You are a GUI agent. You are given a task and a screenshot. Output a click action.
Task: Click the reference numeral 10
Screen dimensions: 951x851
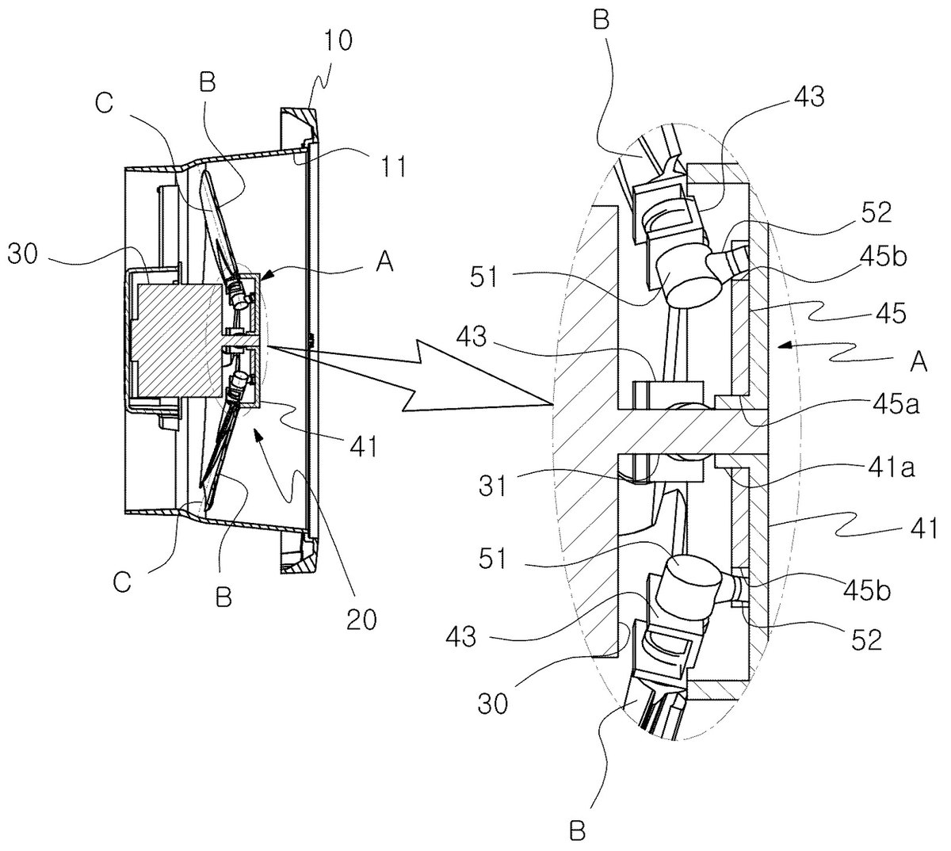point(337,40)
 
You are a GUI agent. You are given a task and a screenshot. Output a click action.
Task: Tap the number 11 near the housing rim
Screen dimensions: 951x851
point(392,166)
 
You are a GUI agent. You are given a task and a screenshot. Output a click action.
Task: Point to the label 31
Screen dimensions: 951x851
point(493,486)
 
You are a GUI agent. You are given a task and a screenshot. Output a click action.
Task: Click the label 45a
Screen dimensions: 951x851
point(896,404)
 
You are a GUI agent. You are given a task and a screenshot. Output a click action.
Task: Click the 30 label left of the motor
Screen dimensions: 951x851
point(23,255)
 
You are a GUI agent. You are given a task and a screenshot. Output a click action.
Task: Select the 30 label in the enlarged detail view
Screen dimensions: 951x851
point(492,703)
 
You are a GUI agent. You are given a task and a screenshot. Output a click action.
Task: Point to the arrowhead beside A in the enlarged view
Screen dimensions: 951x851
point(782,346)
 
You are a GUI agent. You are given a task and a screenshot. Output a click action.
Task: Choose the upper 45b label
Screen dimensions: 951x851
point(883,257)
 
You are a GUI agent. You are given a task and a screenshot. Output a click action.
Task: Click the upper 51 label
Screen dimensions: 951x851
point(484,277)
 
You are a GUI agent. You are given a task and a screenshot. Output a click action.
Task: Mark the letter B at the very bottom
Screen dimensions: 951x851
point(577,832)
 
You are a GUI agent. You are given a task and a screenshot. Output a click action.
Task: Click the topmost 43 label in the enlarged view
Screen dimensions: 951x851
point(810,97)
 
